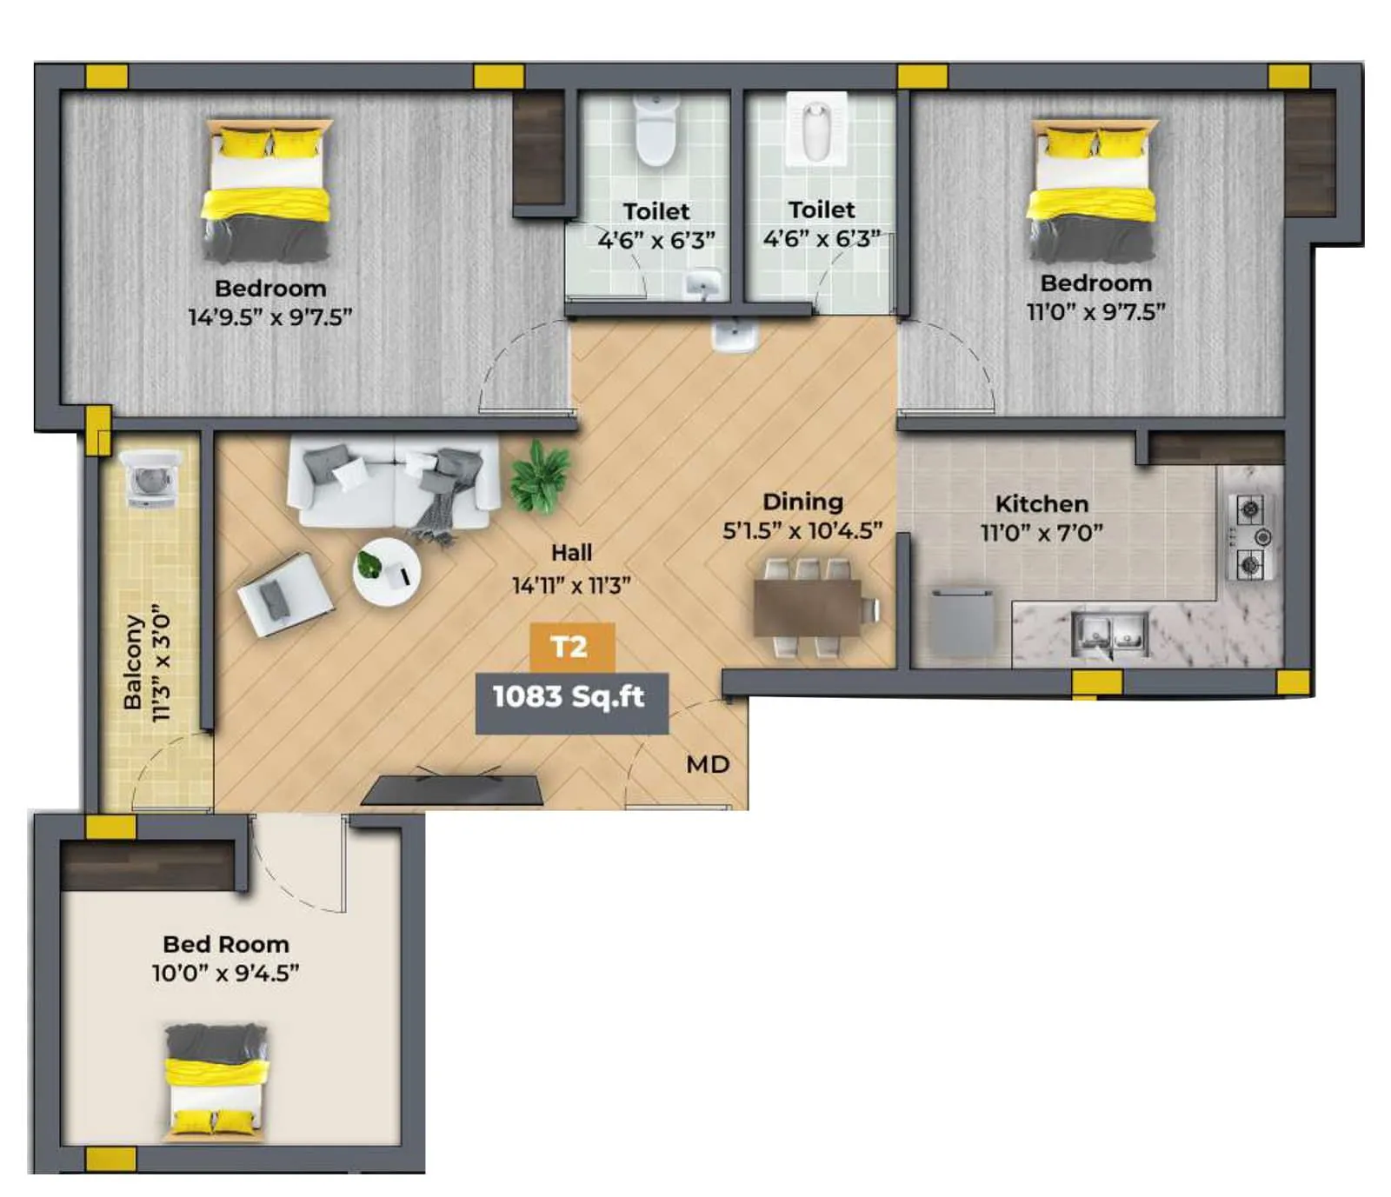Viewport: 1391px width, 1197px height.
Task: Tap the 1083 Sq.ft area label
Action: pos(570,697)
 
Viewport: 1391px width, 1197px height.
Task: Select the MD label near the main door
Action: pos(708,765)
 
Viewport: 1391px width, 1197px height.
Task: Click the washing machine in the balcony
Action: pos(152,477)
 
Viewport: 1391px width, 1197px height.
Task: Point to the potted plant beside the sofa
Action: pos(539,476)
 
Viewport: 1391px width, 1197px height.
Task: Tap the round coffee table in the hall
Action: pos(387,571)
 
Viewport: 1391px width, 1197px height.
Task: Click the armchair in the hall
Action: pos(283,594)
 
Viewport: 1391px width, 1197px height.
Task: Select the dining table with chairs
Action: pos(809,607)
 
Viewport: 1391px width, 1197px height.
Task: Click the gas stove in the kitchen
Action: pos(1250,537)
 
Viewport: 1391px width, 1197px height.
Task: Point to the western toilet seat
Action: pos(656,130)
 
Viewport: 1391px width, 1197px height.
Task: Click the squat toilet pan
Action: pos(815,130)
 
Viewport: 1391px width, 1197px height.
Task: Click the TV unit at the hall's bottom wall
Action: pos(453,788)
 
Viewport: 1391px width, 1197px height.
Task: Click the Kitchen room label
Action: pos(1042,504)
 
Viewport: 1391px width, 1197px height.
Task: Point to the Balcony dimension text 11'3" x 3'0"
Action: pos(162,663)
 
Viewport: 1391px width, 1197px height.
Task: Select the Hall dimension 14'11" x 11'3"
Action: pos(571,585)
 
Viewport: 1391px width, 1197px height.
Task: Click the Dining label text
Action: pos(802,502)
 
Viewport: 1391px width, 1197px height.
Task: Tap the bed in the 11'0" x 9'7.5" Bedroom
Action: pos(1092,191)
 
